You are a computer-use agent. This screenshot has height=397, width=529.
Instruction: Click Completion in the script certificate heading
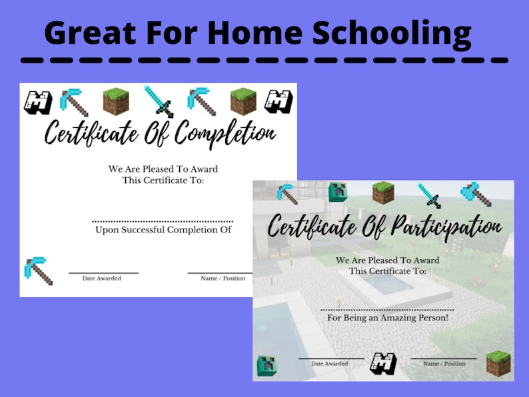[x=219, y=133]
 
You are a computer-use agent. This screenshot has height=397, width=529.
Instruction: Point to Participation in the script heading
[x=434, y=226]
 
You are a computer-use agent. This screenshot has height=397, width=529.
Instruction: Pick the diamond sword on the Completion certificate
[x=158, y=101]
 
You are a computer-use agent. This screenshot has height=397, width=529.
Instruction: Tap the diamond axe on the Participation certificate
[x=475, y=194]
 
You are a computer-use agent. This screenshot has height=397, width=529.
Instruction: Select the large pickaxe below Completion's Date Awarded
[x=38, y=270]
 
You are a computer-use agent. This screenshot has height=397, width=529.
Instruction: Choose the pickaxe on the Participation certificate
[x=287, y=194]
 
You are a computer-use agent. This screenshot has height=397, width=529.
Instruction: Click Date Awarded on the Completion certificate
[x=102, y=278]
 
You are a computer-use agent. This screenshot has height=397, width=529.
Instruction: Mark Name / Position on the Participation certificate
[x=444, y=364]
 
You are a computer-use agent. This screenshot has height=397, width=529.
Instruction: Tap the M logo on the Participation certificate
[x=383, y=364]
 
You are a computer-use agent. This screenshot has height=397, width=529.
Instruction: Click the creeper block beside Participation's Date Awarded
[x=268, y=365]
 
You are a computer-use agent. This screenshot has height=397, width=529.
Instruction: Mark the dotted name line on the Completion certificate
[x=163, y=220]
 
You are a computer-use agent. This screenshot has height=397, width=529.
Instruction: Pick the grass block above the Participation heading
[x=382, y=193]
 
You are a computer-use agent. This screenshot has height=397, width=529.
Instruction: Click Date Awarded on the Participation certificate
[x=330, y=364]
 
